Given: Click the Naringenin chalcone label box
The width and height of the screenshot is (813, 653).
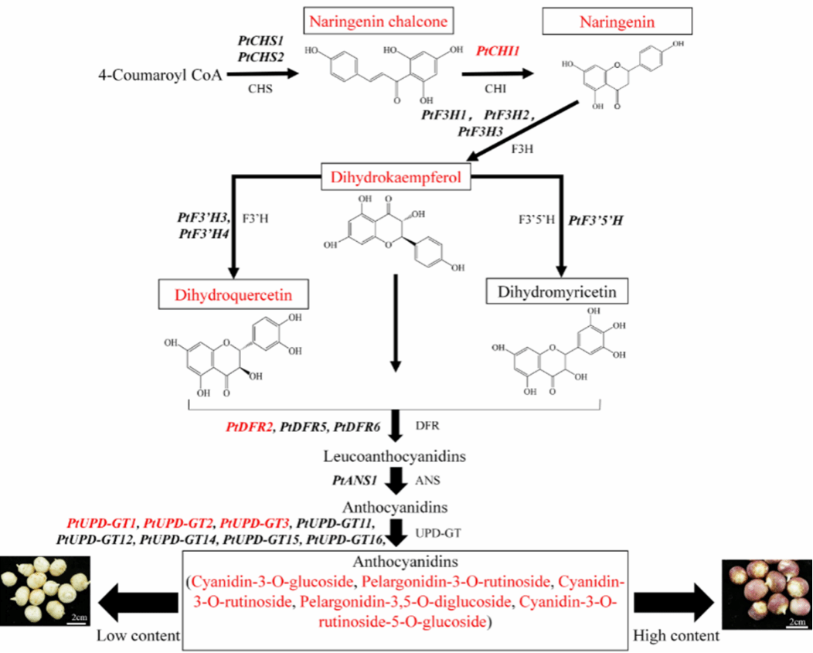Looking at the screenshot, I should point(379,22).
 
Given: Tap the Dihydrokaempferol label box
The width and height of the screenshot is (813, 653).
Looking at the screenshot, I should point(396,179).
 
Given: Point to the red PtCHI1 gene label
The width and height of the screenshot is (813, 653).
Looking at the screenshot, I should point(498,51).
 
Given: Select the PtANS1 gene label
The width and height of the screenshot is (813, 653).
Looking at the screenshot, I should point(354,481).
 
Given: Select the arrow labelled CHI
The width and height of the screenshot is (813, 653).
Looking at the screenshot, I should point(498,74).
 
